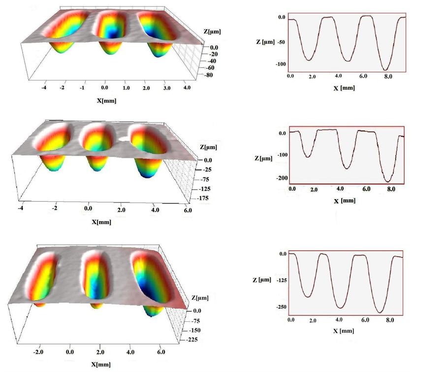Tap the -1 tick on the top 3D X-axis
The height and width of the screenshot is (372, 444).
point(82,88)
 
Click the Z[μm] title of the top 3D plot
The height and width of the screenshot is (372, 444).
point(213,32)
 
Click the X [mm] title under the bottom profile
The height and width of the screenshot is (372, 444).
point(344,330)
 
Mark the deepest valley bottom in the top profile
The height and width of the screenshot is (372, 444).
point(385,69)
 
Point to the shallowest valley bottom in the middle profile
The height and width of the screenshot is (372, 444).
point(308,156)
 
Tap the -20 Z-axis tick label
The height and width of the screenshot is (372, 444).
point(214,54)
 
